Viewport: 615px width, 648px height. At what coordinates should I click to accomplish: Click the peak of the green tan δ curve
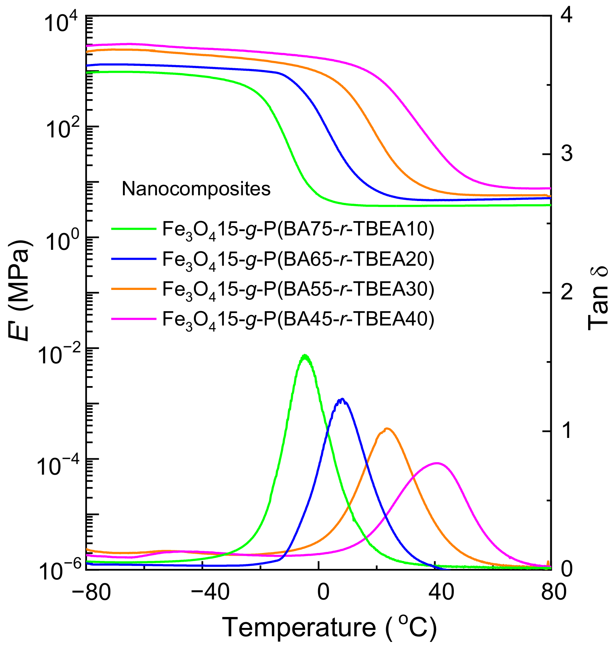point(305,356)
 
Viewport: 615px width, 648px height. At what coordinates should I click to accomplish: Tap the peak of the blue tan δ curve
point(342,399)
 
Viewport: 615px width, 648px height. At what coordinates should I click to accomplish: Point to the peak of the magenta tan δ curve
point(437,463)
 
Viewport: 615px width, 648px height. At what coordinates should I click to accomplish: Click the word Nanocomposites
point(196,188)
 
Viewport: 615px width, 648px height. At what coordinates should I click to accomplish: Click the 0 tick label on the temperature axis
point(323,591)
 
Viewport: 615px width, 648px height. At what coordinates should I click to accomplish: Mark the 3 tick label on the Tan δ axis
point(566,154)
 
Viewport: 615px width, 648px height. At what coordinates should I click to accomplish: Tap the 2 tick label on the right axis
point(566,293)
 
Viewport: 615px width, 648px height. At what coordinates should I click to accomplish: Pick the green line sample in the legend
point(134,228)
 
